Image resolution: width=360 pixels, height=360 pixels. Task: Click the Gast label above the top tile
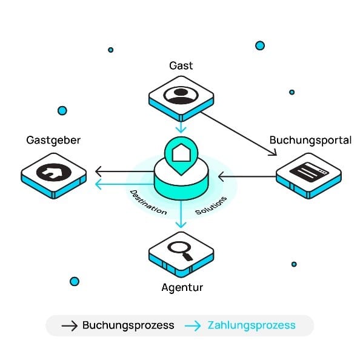(x=181, y=65)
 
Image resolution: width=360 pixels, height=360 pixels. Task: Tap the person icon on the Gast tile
(x=181, y=95)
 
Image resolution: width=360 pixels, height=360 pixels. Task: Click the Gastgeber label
(x=53, y=140)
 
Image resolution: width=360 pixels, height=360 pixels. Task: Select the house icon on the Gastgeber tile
(x=54, y=172)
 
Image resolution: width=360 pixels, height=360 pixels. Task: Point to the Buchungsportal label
(x=310, y=140)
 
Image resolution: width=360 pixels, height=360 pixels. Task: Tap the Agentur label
(x=182, y=288)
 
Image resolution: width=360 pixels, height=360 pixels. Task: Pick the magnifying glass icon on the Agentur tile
(x=180, y=251)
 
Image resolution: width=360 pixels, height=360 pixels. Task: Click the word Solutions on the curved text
(x=212, y=205)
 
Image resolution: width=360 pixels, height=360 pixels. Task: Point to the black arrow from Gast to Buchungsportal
(x=239, y=134)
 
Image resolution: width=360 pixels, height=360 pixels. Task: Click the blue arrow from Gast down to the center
(x=181, y=127)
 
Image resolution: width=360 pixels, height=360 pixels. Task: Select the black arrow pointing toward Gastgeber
(x=125, y=172)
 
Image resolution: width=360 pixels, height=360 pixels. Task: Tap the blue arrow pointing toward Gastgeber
(x=125, y=184)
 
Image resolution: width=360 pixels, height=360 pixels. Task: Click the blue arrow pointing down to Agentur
(x=181, y=214)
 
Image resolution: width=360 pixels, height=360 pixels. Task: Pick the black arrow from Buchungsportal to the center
(x=247, y=176)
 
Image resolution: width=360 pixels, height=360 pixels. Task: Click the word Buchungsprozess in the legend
(x=128, y=325)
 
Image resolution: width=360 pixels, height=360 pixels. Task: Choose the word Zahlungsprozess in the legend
(x=252, y=325)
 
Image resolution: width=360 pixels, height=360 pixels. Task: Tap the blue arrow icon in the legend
(x=193, y=325)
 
